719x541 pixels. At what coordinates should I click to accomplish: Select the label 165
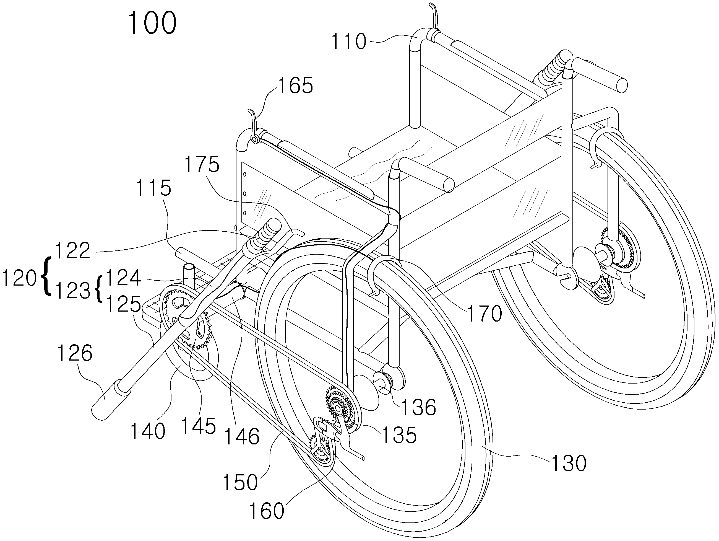pos(295,86)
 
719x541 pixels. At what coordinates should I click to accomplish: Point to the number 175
pos(202,164)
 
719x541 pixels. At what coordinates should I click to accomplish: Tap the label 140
pos(148,431)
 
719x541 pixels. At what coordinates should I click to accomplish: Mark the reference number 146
pos(242,436)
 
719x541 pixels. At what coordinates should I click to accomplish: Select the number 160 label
pos(267,511)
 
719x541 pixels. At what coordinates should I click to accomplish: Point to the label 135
pos(399,435)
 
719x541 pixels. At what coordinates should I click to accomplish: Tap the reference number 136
pos(419,407)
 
